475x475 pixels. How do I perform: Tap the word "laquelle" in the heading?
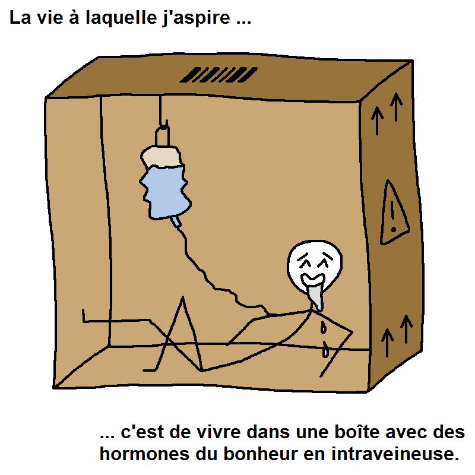(x=121, y=18)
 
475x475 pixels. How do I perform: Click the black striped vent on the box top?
(x=218, y=75)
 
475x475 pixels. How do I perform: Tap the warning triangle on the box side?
(x=394, y=212)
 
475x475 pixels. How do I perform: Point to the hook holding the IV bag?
(x=162, y=133)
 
